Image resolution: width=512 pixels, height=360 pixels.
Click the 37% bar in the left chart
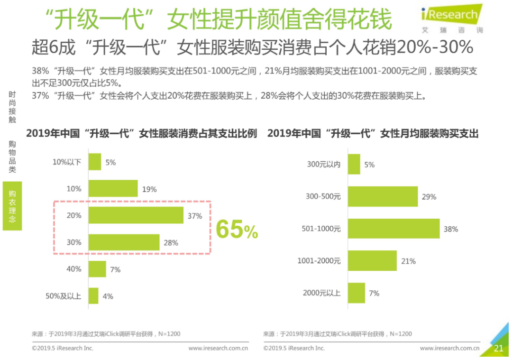pyautogui.click(x=136, y=215)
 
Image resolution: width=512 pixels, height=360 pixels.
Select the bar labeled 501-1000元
pyautogui.click(x=393, y=229)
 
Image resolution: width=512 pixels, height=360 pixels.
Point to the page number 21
pyautogui.click(x=498, y=349)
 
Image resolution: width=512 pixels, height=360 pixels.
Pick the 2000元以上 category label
pyautogui.click(x=321, y=293)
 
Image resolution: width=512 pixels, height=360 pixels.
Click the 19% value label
pyautogui.click(x=149, y=189)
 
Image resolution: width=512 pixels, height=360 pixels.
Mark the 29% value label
pyautogui.click(x=429, y=196)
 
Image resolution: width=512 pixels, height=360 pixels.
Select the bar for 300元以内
pyautogui.click(x=354, y=164)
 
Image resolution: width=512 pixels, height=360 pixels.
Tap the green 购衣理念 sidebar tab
pyautogui.click(x=12, y=206)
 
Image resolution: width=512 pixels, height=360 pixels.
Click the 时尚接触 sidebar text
pyautogui.click(x=12, y=107)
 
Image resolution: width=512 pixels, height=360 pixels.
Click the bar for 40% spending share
pyautogui.click(x=97, y=269)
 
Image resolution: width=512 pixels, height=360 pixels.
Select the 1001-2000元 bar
pyautogui.click(x=372, y=261)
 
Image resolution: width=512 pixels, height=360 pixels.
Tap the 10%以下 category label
pyautogui.click(x=67, y=162)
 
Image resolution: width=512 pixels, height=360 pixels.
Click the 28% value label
pyautogui.click(x=171, y=243)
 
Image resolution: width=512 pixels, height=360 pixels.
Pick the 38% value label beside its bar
pyautogui.click(x=450, y=229)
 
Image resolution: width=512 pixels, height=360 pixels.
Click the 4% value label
pyautogui.click(x=108, y=296)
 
